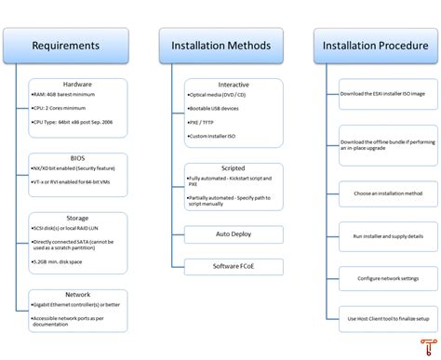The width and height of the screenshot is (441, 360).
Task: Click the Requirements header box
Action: tap(65, 45)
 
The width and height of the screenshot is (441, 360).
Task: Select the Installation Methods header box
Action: tap(220, 45)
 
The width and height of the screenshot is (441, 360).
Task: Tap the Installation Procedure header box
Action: tap(376, 45)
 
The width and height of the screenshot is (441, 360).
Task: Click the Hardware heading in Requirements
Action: tap(77, 84)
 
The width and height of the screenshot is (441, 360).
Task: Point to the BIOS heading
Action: tap(77, 158)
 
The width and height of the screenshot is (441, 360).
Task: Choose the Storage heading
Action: tap(77, 217)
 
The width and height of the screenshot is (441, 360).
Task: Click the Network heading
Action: tap(77, 294)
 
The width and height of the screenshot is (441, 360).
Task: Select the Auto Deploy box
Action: tap(234, 233)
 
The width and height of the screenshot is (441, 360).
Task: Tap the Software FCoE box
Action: tap(234, 267)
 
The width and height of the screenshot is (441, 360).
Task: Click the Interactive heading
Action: tap(234, 85)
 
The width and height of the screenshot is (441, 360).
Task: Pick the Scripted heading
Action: tap(234, 168)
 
